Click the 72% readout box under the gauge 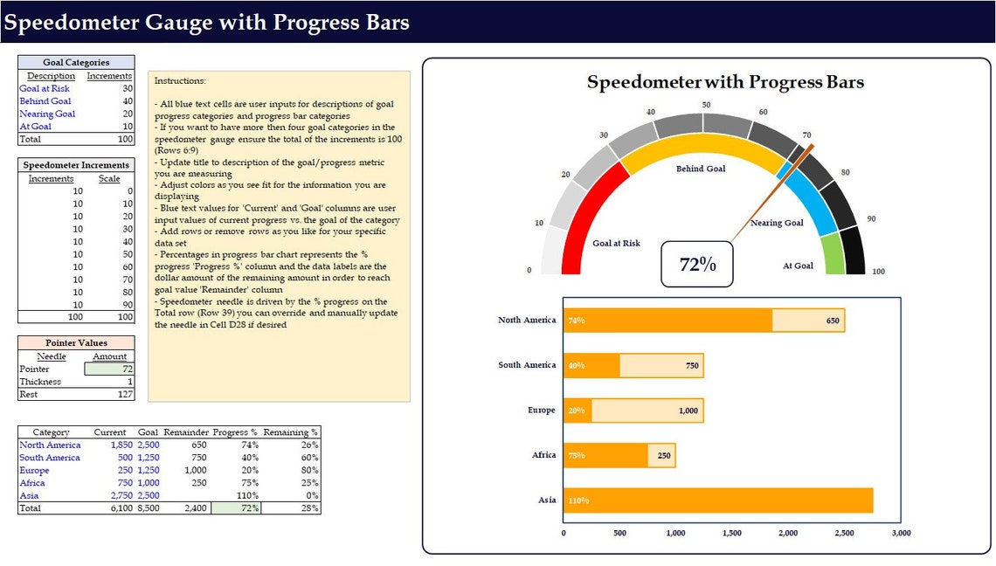coord(696,264)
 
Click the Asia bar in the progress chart coord(717,500)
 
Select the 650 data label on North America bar coord(833,321)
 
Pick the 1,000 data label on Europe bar coord(688,411)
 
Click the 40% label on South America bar coord(576,366)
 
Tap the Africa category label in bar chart coord(543,455)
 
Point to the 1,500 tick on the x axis coord(731,533)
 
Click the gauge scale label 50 coord(706,105)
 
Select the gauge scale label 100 coord(878,272)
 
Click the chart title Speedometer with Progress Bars coord(725,83)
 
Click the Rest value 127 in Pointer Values coord(125,395)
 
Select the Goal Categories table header coord(76,63)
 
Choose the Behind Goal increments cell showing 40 coord(128,101)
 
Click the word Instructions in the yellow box coord(180,80)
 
